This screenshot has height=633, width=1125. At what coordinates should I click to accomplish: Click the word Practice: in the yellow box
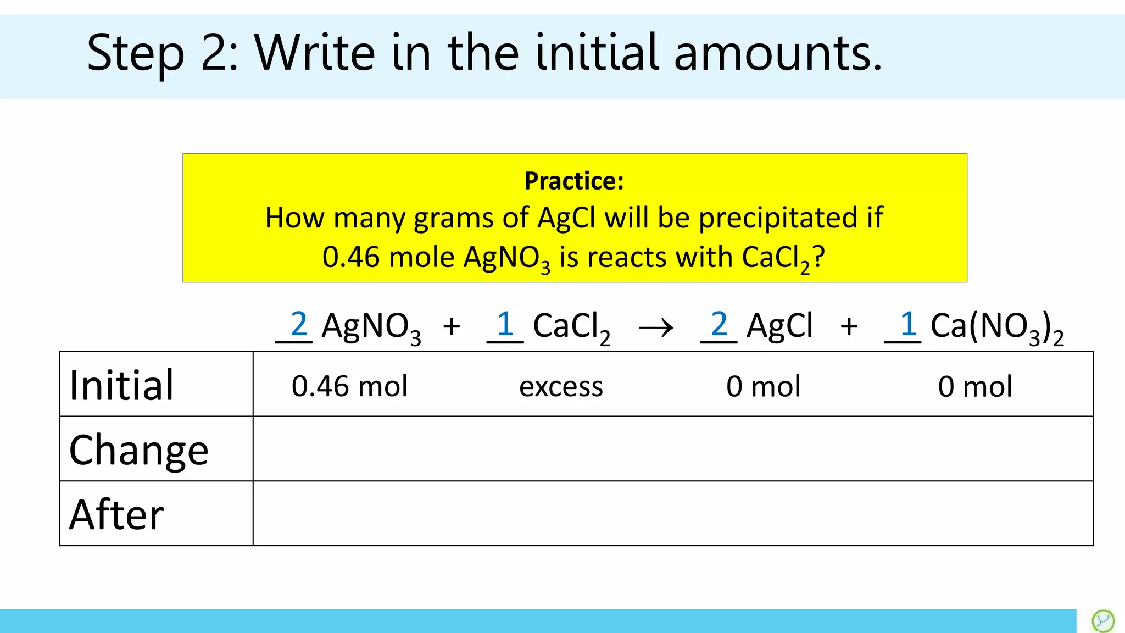[x=574, y=181]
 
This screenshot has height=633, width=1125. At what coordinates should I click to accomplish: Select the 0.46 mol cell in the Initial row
[x=349, y=386]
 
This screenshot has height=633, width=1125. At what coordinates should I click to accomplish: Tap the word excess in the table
[x=561, y=387]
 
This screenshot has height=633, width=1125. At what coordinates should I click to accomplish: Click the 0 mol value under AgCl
[x=763, y=386]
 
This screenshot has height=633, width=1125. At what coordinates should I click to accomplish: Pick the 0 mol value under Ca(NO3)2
[x=975, y=386]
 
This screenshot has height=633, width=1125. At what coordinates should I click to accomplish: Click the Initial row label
[x=121, y=385]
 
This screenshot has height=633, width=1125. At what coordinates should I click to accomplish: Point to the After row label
[x=116, y=515]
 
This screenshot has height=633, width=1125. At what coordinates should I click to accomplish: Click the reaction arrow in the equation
[x=656, y=328]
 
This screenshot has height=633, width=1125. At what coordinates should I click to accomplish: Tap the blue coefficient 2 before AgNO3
[x=298, y=324]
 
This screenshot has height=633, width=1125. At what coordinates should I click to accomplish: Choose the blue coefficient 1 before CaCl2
[x=505, y=324]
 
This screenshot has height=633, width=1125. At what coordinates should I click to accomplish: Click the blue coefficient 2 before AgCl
[x=719, y=324]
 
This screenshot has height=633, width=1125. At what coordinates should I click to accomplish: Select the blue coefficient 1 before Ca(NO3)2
[x=908, y=324]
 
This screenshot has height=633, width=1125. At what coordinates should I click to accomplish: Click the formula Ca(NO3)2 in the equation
[x=996, y=327]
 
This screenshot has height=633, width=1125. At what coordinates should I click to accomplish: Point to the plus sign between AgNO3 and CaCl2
[x=452, y=326]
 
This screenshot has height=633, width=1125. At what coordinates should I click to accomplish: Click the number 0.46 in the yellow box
[x=350, y=257]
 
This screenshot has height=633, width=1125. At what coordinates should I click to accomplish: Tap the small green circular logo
[x=1102, y=621]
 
